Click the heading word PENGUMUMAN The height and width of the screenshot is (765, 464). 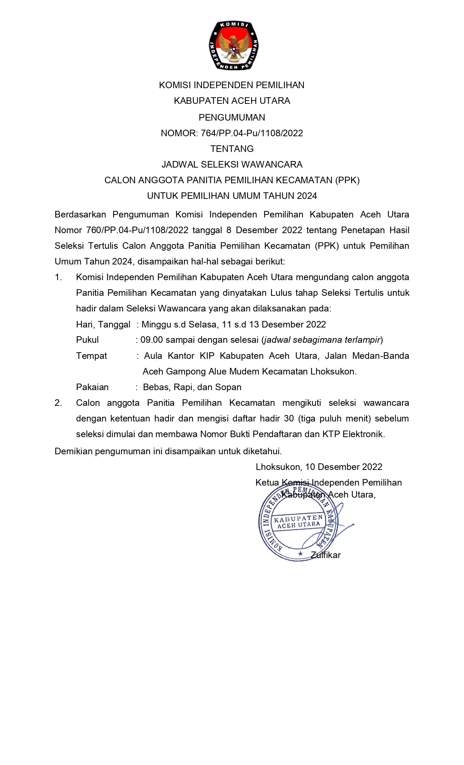coord(232,117)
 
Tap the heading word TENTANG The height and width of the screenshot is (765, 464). coord(232,149)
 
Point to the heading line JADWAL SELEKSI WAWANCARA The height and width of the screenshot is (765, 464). coord(232,164)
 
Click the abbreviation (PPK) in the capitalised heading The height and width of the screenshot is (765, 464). coord(348,180)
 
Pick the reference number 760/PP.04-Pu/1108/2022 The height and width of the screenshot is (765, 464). coord(137,230)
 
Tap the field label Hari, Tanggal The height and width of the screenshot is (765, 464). coord(103,324)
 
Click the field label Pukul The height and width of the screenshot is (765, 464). coord(87,340)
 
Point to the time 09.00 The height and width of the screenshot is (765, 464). coord(151,340)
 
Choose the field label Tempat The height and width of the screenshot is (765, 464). coord(91,356)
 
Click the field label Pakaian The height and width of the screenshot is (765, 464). coord(92,387)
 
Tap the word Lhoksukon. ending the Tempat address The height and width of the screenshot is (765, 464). coord(333,371)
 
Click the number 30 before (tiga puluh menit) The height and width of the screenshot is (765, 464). coord(289,418)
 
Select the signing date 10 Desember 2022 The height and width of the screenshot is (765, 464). coord(344,467)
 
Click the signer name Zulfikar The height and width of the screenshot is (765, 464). coord(326,555)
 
